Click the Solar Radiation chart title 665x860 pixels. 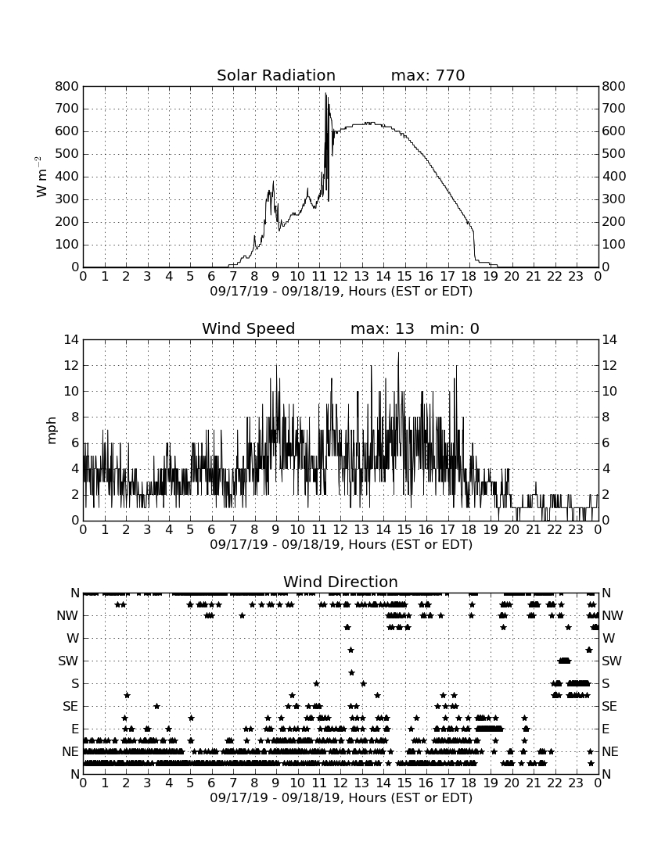pos(276,75)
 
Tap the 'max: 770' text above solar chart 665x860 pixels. pos(428,75)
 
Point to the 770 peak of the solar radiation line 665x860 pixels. pos(325,94)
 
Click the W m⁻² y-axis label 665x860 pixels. pos(41,177)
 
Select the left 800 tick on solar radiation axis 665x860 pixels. pos(67,86)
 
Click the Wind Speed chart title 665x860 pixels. pos(249,328)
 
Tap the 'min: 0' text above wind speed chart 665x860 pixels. pos(455,328)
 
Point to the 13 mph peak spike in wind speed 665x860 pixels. pos(398,353)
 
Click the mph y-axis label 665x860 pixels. pos(52,431)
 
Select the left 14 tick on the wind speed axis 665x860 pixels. pos(72,339)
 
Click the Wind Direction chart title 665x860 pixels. pos(340,582)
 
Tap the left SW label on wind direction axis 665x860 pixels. pos(69,661)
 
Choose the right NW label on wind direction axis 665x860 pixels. pos(613,615)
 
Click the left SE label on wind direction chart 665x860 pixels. pos(70,707)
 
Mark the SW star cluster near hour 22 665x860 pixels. pos(565,661)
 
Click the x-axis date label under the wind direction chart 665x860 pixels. pos(341,797)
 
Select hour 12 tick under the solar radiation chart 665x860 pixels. pos(340,277)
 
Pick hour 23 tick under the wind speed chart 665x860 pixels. pos(576,530)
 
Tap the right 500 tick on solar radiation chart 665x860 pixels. pos(614,154)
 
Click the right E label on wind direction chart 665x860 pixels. pos(606,729)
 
